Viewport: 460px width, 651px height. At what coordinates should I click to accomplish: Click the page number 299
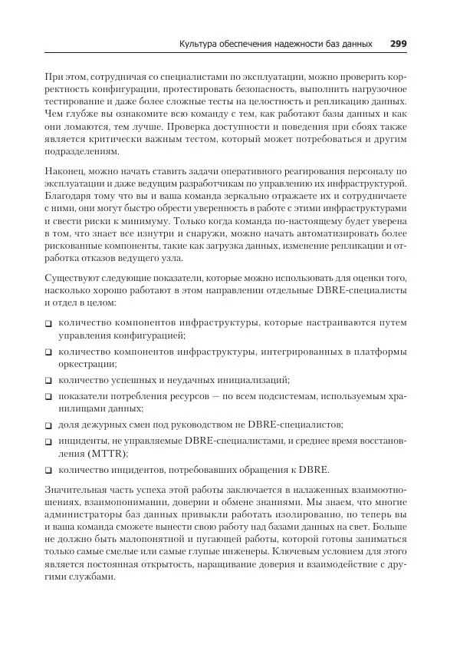tap(398, 44)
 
